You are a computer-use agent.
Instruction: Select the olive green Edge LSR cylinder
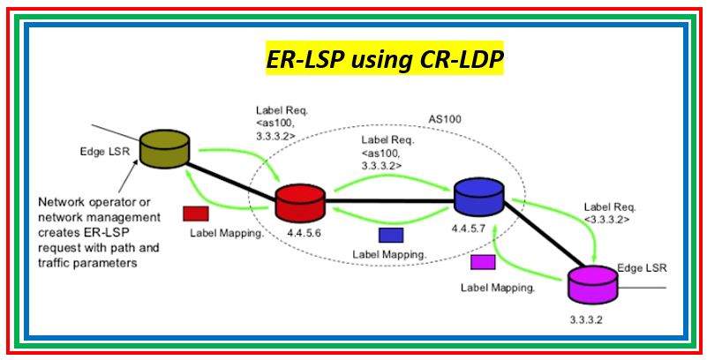point(165,148)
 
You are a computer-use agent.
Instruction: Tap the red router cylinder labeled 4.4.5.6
point(300,201)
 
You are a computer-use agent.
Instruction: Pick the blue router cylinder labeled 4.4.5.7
point(478,196)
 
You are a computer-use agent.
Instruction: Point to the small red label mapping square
point(195,214)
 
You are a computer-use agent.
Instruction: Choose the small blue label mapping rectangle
point(390,235)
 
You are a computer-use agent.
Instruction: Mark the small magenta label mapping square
point(483,262)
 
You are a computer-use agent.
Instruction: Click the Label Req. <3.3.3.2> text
point(607,210)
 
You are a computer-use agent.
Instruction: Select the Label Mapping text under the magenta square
point(498,288)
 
